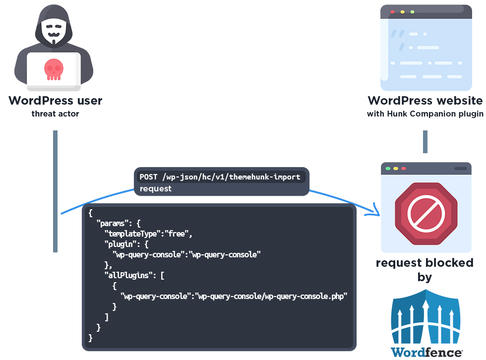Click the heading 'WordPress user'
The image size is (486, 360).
55,101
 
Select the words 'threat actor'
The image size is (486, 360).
55,114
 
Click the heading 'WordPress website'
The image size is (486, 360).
425,101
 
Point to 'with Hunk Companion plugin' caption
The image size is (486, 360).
425,114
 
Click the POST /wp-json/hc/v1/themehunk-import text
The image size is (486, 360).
220,177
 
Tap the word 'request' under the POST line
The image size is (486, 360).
155,188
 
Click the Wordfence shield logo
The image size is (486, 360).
426,317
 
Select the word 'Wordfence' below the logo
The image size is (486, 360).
426,353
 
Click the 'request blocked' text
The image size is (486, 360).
424,263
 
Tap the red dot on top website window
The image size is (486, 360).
392,11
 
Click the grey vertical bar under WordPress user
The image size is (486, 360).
56,191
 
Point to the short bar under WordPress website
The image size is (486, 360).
425,142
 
